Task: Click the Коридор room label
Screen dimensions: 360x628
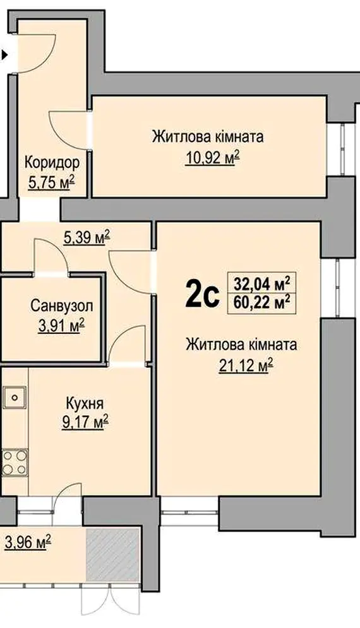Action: tap(52, 163)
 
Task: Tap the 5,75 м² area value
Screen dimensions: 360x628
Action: tap(52, 184)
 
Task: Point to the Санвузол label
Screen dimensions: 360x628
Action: tap(62, 306)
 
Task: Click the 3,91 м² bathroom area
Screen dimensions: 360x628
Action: tap(61, 326)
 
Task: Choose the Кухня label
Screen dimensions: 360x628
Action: tap(85, 403)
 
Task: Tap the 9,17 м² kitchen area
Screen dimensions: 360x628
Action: tap(85, 422)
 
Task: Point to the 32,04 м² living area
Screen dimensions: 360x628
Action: tap(262, 285)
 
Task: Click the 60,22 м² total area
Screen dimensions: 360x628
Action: tap(262, 303)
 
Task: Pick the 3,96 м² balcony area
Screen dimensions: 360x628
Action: tap(28, 543)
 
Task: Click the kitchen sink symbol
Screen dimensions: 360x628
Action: tap(15, 397)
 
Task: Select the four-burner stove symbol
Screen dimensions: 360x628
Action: tap(15, 463)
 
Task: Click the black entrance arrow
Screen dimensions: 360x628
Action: tap(4, 54)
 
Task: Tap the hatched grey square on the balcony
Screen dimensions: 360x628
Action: tap(113, 555)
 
